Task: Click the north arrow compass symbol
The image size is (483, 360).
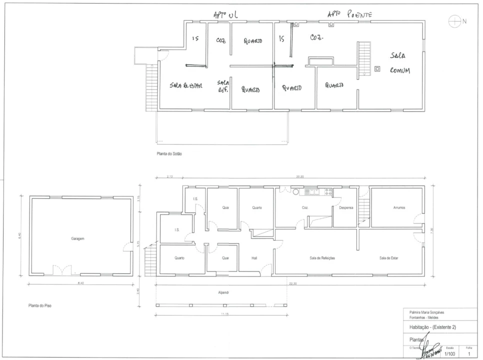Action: coord(454,21)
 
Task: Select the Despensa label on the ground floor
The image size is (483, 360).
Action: coord(346,207)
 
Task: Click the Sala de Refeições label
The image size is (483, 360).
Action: coord(322,258)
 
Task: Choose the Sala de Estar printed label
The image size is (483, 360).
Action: coord(388,258)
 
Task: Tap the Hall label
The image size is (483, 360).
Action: coord(254,258)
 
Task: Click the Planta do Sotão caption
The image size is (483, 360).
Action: coord(169,154)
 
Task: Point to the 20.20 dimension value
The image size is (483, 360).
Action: coord(300,176)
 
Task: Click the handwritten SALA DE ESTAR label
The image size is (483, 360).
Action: coord(186,86)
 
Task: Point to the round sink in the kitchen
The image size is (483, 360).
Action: coord(296,191)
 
